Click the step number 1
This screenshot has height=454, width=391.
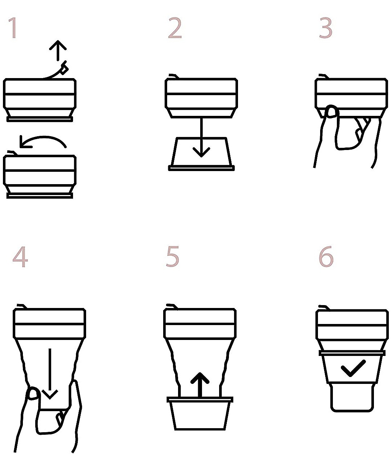(x=13, y=28)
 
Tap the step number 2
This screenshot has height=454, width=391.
(x=175, y=28)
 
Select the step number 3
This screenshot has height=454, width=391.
(x=326, y=28)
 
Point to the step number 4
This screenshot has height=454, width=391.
(x=20, y=257)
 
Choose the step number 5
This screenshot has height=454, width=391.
(x=173, y=256)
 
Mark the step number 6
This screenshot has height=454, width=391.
(x=326, y=256)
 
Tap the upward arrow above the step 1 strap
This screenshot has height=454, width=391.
(x=58, y=50)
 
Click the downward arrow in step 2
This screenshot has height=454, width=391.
(x=201, y=137)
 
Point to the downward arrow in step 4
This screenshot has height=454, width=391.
(x=50, y=373)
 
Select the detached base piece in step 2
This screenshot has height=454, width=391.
(x=201, y=154)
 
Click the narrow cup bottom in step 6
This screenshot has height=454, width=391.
(x=352, y=398)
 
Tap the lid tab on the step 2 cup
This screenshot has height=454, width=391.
(x=174, y=76)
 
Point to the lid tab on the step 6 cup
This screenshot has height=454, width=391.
(x=324, y=308)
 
